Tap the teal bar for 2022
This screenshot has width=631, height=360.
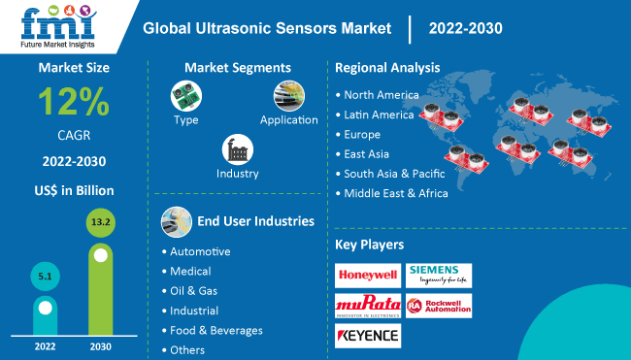tap(46, 313)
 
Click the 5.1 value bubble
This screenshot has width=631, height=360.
tap(46, 277)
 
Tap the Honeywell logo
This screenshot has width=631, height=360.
tap(367, 275)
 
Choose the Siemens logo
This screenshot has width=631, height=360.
tap(439, 275)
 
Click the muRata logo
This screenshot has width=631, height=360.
tap(367, 306)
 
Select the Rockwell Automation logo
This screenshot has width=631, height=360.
tap(439, 306)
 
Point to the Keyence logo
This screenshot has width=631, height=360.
tap(367, 336)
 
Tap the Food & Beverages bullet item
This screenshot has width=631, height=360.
tap(216, 330)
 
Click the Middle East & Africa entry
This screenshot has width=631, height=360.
tap(396, 193)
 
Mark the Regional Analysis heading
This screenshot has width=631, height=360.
tap(387, 68)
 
